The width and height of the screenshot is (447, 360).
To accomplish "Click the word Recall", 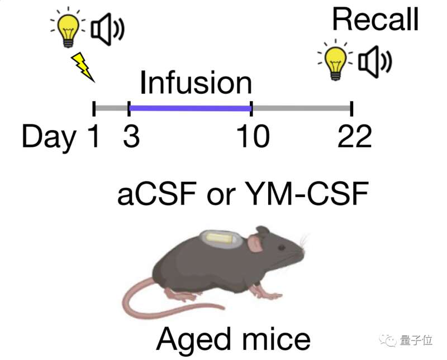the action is point(375,19).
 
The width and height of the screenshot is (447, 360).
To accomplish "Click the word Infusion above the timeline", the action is point(196,83).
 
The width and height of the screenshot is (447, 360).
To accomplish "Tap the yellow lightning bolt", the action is point(82,66).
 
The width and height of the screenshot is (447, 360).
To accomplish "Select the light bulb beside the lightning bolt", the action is point(68,28).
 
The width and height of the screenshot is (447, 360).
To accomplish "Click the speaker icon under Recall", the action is point(375,62).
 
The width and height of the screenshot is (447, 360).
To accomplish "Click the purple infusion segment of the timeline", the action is point(190,108).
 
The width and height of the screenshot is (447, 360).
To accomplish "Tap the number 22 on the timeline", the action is point(355,136).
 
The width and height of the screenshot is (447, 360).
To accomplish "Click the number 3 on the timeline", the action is point(131,136).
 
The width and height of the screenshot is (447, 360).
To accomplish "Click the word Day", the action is point(49,138).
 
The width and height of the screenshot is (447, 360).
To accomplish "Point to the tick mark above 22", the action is point(351,108).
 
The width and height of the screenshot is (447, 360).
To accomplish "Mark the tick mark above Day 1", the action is point(94,108).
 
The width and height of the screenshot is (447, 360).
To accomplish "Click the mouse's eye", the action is point(282,247).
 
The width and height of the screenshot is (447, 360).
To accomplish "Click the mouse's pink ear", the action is point(255,243).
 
